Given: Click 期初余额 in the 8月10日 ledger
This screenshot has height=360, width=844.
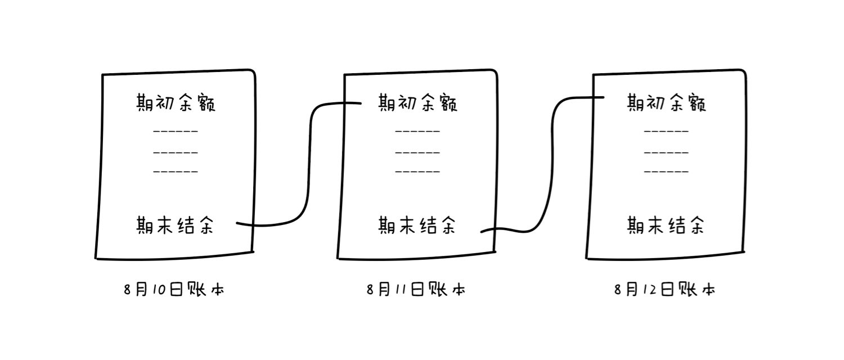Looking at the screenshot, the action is click(x=176, y=103).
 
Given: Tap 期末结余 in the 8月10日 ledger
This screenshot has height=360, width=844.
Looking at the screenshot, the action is click(x=175, y=225).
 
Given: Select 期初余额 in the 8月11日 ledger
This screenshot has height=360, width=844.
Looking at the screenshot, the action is click(x=417, y=103).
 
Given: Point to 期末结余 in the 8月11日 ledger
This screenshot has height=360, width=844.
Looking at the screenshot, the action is click(x=417, y=225).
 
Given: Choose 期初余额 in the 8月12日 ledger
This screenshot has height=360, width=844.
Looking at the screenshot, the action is click(x=666, y=103).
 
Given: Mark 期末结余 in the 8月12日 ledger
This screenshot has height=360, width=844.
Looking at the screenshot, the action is click(x=666, y=225).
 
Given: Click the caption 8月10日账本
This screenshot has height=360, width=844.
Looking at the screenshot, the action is click(x=174, y=290).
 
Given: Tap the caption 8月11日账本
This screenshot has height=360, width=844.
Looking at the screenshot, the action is click(x=416, y=290).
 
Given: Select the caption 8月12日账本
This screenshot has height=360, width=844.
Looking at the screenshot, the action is click(x=665, y=290).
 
